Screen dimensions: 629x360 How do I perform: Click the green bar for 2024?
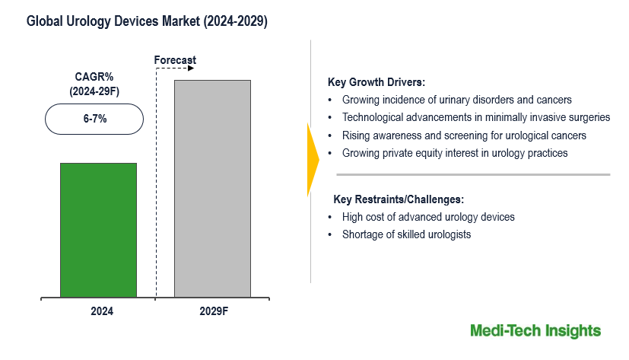coord(98,230)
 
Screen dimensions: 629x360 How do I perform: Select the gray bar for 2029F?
coord(213,189)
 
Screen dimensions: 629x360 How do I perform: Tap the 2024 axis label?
coord(102,311)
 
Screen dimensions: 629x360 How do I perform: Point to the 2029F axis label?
coord(214,311)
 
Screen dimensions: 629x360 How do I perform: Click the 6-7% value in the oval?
coord(95,119)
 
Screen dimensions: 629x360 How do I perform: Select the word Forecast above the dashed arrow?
coord(175,60)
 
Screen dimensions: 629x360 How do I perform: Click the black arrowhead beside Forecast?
coord(191,68)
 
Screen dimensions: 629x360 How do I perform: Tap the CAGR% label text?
coord(94,77)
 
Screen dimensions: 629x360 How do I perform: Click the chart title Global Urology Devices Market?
coord(113,21)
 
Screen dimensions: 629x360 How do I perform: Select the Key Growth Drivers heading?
coord(376,82)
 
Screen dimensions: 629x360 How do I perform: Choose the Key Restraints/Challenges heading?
coord(399,199)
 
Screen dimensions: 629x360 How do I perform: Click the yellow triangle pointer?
coord(313,160)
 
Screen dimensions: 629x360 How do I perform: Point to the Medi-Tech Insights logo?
coord(535,331)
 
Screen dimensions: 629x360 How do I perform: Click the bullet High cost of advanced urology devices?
coord(428,217)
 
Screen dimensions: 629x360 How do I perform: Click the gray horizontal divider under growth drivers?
coord(473,174)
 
